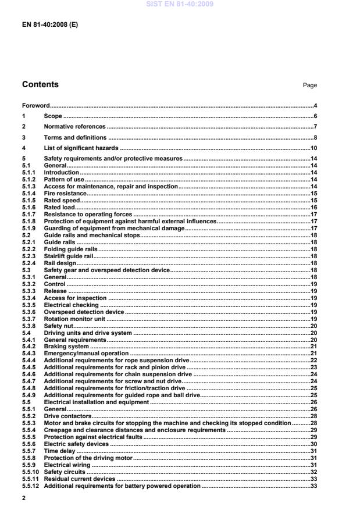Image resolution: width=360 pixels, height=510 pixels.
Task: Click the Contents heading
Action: tap(40, 85)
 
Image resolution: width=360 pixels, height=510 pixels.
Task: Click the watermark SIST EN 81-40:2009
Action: tap(180, 4)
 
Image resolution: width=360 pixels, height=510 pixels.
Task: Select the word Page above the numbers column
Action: tap(309, 85)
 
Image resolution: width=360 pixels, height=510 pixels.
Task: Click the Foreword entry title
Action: tap(35, 106)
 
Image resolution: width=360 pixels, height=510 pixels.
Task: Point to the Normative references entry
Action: tap(74, 127)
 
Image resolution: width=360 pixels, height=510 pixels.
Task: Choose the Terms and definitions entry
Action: tap(75, 137)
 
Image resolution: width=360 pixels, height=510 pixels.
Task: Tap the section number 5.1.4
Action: tap(28, 193)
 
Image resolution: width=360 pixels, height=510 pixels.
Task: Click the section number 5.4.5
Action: tap(28, 368)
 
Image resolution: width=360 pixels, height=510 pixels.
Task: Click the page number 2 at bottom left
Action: tap(24, 498)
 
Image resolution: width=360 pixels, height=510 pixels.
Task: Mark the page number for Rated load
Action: tap(313, 207)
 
